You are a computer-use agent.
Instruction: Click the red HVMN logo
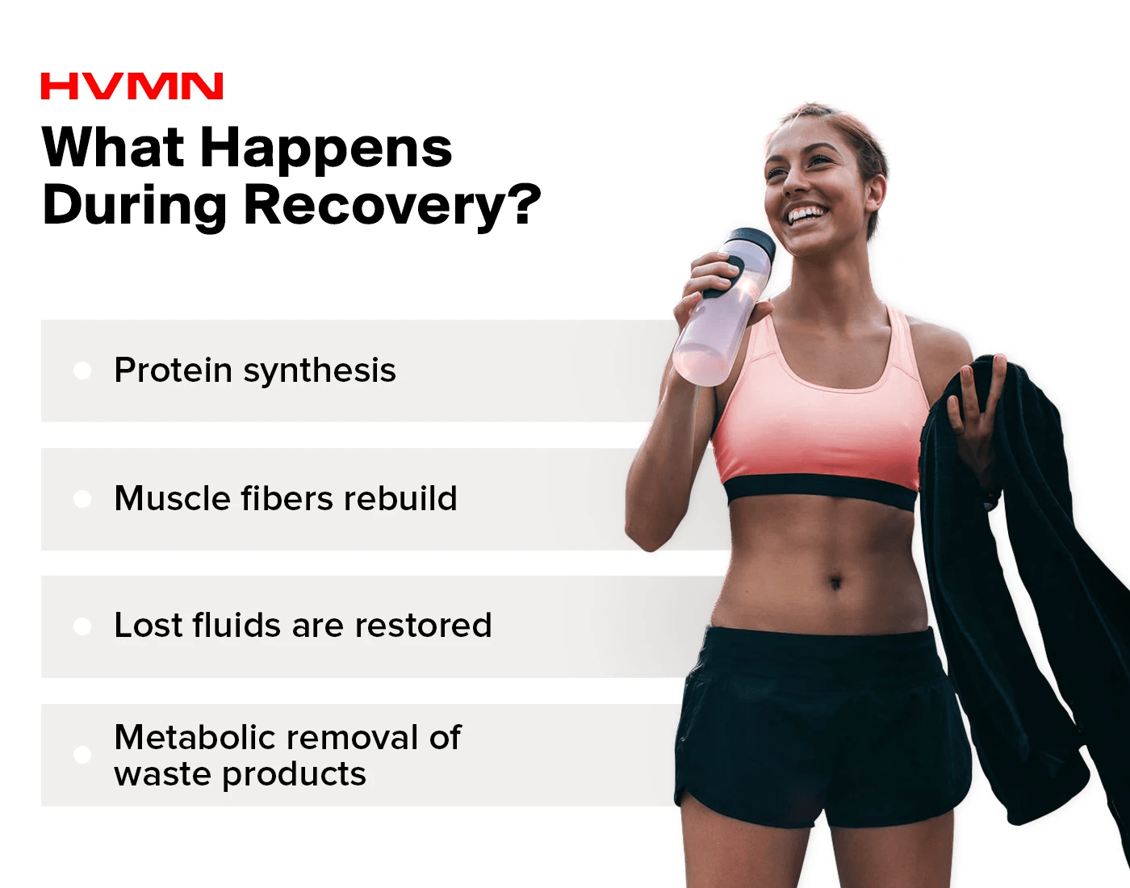pyautogui.click(x=132, y=86)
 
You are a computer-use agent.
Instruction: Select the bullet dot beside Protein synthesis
pyautogui.click(x=82, y=371)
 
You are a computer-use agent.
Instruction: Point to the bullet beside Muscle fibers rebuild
pyautogui.click(x=82, y=499)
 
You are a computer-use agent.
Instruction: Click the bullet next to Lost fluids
pyautogui.click(x=82, y=626)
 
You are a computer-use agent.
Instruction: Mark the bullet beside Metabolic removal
pyautogui.click(x=82, y=754)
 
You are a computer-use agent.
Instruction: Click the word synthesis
pyautogui.click(x=320, y=371)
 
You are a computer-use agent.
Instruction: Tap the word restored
pyautogui.click(x=423, y=625)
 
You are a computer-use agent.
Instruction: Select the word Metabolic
pyautogui.click(x=195, y=737)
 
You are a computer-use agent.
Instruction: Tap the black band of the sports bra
pyautogui.click(x=820, y=492)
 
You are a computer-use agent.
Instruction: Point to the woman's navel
pyautogui.click(x=835, y=581)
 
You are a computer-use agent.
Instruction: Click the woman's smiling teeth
pyautogui.click(x=806, y=214)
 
